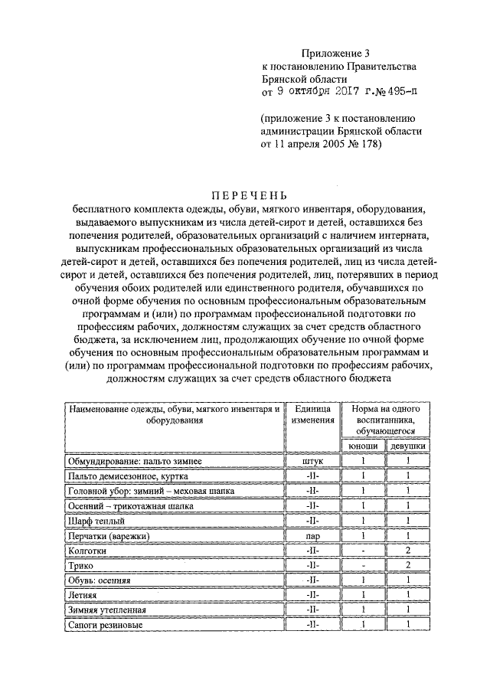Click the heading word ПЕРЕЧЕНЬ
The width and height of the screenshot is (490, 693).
point(245,194)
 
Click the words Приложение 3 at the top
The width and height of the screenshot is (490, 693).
point(335,53)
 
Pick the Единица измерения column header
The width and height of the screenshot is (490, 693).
point(312,414)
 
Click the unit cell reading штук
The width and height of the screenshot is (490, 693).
point(312,461)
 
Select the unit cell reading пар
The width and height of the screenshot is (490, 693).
point(312,536)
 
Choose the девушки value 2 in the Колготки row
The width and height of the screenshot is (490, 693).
point(409,550)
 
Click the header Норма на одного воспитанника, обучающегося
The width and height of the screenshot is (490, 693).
point(385,420)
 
